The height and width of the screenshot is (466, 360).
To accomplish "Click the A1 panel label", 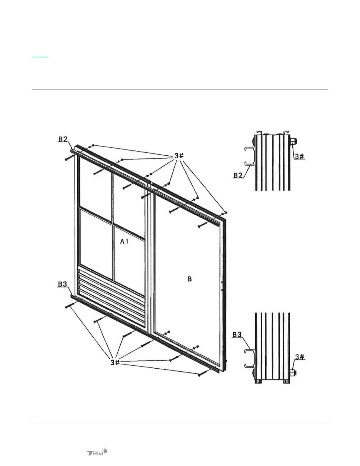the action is tap(124, 242).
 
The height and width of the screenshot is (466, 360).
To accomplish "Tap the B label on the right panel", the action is tap(190, 279).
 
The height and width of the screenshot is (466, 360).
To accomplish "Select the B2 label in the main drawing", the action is tap(63, 139).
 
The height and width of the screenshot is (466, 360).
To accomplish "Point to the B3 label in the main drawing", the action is tap(62, 284).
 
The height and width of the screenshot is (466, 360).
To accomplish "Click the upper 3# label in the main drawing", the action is tap(179, 156).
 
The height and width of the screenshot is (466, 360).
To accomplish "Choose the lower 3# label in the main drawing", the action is tap(115, 362).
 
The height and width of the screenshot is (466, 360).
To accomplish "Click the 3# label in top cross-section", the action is tap(299, 156).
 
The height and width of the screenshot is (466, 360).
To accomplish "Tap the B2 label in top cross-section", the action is tap(238, 175).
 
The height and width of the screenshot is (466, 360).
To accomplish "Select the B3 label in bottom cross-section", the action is tap(237, 334).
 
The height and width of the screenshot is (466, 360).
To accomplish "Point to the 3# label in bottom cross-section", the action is tap(300, 357).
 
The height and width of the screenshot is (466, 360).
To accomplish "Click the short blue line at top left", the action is tap(40, 57).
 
